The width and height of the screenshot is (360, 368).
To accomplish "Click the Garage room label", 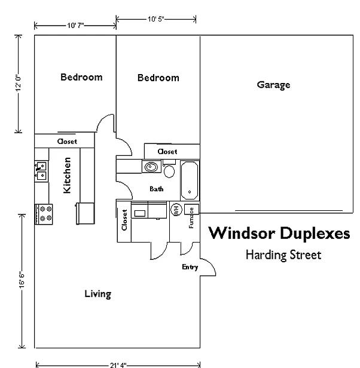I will point(273,85).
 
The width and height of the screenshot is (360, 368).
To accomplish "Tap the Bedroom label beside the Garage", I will point(158,78).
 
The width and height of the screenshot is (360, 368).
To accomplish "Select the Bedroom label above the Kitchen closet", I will point(81,77).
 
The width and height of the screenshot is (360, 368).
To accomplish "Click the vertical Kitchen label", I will point(68,175).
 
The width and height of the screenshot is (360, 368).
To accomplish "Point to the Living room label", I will point(97,294).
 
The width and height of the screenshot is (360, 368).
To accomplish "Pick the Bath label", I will point(157,189).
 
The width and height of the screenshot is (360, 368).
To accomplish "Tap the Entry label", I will point(190,267).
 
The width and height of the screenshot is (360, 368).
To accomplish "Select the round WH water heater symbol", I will point(176,209).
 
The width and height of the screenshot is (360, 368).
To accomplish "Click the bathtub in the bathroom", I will point(190,180).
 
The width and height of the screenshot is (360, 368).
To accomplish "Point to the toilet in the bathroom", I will point(169,172).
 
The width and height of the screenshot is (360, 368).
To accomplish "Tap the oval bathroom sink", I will point(150,167).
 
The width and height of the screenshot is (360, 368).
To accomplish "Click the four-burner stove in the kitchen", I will point(44,214).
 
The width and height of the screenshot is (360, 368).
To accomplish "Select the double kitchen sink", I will point(41,171).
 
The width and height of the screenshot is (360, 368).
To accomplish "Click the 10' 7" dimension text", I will point(75,26).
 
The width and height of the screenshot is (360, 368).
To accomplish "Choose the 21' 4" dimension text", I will point(118,364).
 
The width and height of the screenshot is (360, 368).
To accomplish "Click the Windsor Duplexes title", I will point(279,232).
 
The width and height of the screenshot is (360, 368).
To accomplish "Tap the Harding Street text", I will point(283,255).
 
